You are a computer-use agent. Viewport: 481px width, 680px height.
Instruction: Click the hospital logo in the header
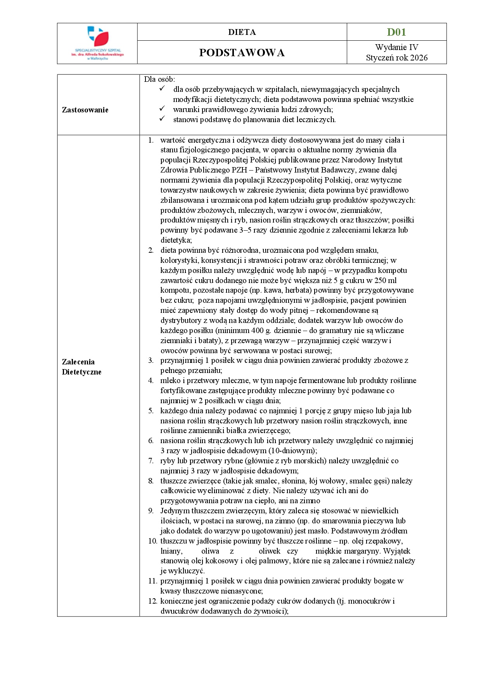point(97,43)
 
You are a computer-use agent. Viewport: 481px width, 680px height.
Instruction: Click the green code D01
point(396,32)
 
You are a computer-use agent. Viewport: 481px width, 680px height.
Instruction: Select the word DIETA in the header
point(242,32)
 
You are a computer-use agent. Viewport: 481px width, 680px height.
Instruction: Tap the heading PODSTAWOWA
point(242,53)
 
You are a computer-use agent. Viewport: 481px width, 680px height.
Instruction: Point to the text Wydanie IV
point(396,47)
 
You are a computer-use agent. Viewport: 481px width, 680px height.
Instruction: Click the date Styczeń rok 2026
point(396,58)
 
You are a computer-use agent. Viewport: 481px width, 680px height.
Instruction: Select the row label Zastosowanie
point(85,110)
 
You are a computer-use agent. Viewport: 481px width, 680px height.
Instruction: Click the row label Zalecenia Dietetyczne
point(81,367)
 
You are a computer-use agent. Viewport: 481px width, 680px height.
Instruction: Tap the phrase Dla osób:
point(159,79)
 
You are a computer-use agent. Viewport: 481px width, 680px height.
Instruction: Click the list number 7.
point(151,461)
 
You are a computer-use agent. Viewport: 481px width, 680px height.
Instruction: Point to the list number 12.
point(152,601)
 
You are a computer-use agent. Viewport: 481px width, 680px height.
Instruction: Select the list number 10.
point(152,541)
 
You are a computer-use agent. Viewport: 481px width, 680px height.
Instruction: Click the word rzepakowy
point(386,541)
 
